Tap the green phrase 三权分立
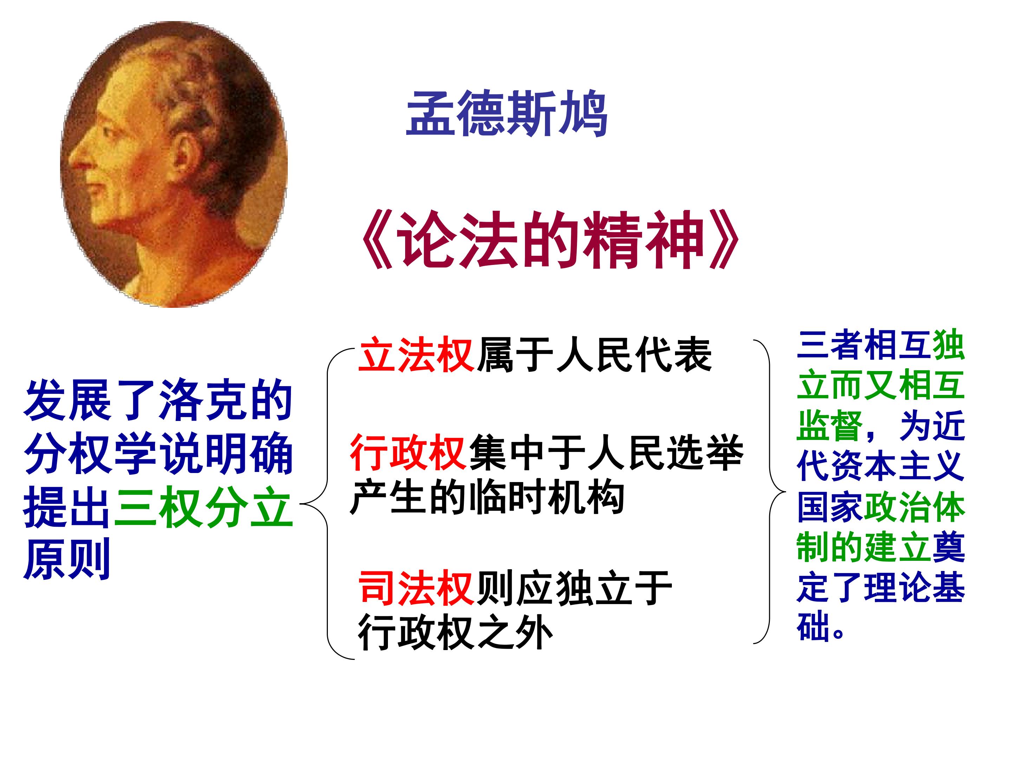point(203,508)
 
